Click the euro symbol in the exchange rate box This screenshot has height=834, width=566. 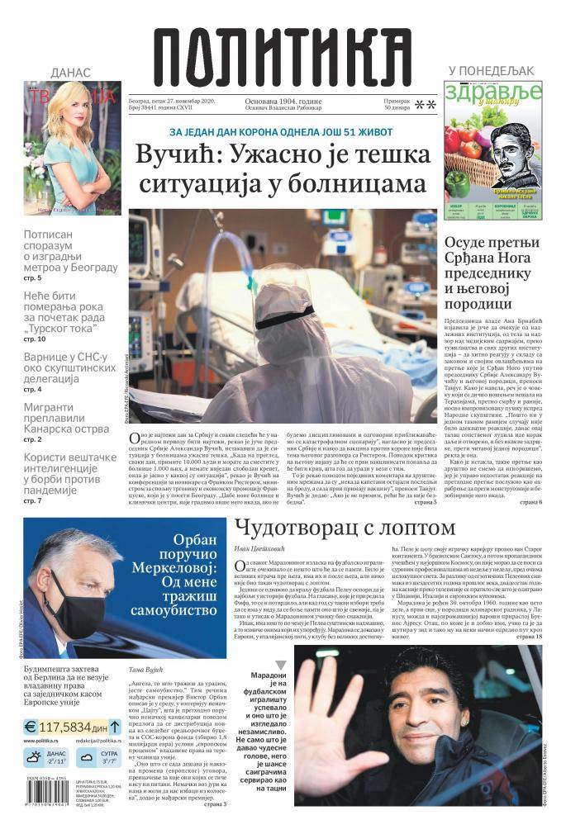31,727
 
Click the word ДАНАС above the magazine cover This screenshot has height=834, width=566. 70,73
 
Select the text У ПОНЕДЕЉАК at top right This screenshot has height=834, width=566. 492,71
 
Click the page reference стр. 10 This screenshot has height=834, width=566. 35,339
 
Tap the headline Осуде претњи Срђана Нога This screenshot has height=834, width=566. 492,272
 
